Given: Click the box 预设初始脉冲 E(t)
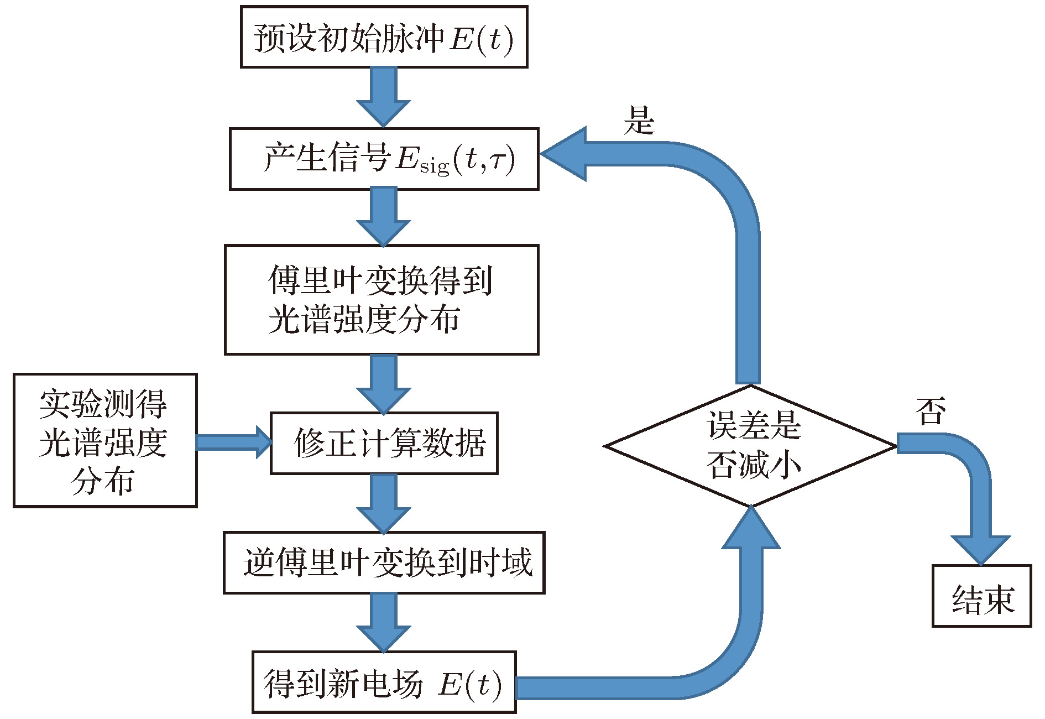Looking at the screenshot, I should click(x=384, y=37).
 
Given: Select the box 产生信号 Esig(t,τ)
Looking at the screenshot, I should click(x=384, y=159).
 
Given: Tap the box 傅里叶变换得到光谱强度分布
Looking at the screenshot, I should click(x=382, y=300).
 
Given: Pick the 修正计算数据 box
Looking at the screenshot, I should click(x=384, y=443).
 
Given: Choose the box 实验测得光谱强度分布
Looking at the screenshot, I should click(x=105, y=440).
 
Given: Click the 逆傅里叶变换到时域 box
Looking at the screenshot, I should click(x=384, y=562).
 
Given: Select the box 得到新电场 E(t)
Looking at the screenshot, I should click(x=384, y=682).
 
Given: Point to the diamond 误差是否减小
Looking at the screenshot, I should click(x=751, y=446).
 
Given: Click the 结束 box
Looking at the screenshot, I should click(x=981, y=596).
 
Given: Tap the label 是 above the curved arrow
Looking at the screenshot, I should click(x=639, y=120).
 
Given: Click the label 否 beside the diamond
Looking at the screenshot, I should click(x=930, y=411).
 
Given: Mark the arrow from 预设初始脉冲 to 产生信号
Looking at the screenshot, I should click(x=384, y=97).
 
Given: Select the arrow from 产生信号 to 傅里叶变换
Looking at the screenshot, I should click(x=384, y=217).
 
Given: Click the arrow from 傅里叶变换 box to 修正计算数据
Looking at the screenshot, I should click(x=384, y=384).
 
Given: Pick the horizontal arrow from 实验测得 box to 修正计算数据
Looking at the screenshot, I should click(x=233, y=442).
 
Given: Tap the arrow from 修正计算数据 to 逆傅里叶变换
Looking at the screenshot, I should click(x=384, y=503).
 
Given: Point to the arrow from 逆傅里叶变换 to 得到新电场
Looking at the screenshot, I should click(x=384, y=623).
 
